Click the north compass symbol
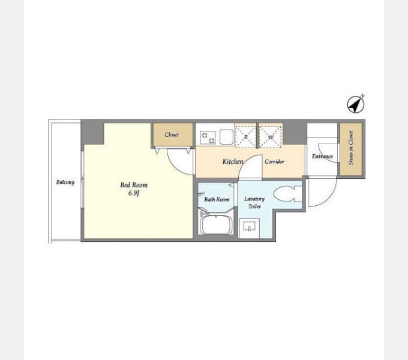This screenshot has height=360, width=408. pyautogui.click(x=356, y=104)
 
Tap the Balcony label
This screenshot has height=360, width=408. pyautogui.click(x=65, y=182)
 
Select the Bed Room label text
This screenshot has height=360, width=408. pyautogui.click(x=134, y=185)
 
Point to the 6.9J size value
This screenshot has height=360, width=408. pyautogui.click(x=134, y=193)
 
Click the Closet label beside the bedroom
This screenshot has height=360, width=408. pyautogui.click(x=172, y=134)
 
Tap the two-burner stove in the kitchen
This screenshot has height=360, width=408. pyautogui.click(x=208, y=138)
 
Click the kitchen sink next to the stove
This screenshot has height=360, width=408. pyautogui.click(x=226, y=137)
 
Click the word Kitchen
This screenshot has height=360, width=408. pyautogui.click(x=233, y=161)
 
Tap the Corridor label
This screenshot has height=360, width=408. pyautogui.click(x=274, y=161)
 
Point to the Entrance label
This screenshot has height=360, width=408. pyautogui.click(x=322, y=157)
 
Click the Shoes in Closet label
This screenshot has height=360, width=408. pyautogui.click(x=351, y=148)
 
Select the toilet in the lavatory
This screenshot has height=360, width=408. pyautogui.click(x=287, y=194)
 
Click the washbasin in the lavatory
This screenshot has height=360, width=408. pyautogui.click(x=249, y=226)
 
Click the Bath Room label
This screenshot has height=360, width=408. pyautogui.click(x=217, y=200)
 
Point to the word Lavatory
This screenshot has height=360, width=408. pyautogui.click(x=254, y=199)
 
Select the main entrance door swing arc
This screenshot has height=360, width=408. pyautogui.click(x=329, y=197)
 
